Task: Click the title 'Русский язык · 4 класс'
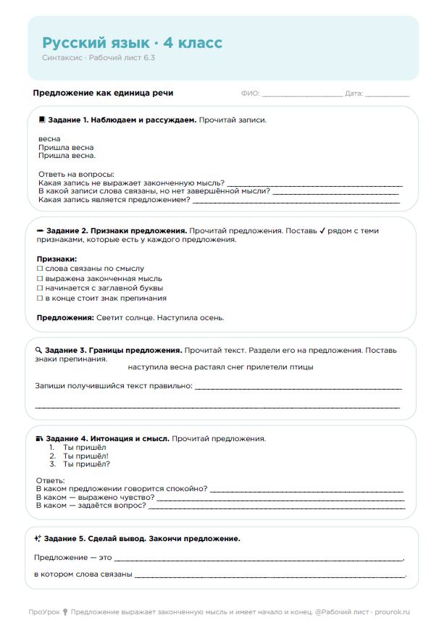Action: tap(132, 43)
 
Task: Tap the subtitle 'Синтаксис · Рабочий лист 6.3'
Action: tap(98, 57)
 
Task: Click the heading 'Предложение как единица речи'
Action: tap(103, 93)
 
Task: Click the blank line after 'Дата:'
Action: tap(387, 95)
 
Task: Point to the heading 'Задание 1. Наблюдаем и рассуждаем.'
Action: tap(122, 120)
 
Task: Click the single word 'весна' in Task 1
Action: tap(49, 138)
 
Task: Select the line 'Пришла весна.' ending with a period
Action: tap(67, 155)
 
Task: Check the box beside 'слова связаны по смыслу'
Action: tap(40, 269)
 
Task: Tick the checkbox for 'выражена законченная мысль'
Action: tap(40, 278)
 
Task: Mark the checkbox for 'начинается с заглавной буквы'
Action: tap(40, 288)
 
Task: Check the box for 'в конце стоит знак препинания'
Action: tap(40, 298)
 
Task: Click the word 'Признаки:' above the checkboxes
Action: tap(57, 259)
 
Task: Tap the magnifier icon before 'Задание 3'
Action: tap(38, 350)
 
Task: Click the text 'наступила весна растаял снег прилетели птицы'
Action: tap(220, 367)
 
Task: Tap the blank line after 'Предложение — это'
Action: tap(258, 559)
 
